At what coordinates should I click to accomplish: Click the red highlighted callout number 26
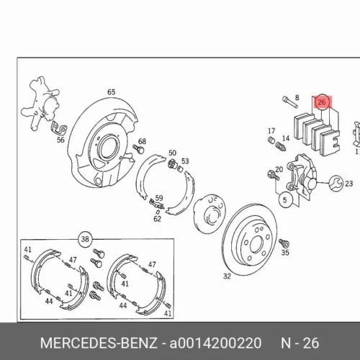tap(322, 102)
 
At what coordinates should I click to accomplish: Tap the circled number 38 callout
tap(85, 239)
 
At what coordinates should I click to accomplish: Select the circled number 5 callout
tap(286, 200)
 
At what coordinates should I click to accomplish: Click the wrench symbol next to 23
tap(336, 184)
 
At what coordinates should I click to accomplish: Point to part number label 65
tap(111, 92)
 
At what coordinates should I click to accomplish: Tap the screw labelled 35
tap(284, 243)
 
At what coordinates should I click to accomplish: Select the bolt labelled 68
tap(138, 149)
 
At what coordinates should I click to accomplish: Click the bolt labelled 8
tap(290, 102)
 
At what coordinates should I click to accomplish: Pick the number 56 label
tap(60, 140)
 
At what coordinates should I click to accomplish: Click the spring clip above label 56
tap(59, 127)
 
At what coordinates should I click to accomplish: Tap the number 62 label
tap(158, 219)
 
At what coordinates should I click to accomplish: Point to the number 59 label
tap(159, 198)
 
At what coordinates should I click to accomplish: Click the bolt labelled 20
tap(273, 176)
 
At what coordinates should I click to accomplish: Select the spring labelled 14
tap(281, 146)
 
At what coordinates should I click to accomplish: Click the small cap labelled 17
tap(271, 140)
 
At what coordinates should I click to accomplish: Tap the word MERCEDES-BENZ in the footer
tap(99, 343)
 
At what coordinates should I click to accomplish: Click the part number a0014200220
tap(215, 343)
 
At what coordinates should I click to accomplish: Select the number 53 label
tap(185, 161)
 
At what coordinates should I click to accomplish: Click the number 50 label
tap(172, 153)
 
